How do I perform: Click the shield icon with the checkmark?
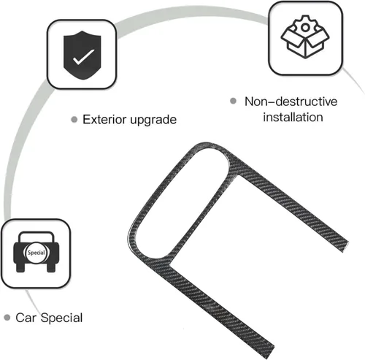[82, 55]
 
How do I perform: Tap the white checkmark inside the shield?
[83, 57]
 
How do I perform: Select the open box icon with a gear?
[305, 37]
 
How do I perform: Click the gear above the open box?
[305, 26]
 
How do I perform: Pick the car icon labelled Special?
[36, 252]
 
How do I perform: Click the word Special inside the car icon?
[36, 253]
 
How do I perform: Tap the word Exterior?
[105, 119]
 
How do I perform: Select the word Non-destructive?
[291, 102]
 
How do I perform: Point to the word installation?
[293, 117]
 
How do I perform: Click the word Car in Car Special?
[26, 318]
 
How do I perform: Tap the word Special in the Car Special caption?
[61, 318]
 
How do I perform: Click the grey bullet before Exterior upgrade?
[74, 120]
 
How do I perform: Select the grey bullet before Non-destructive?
[233, 101]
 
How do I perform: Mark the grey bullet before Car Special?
[7, 318]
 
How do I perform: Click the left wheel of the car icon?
[20, 267]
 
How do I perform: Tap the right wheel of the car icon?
[51, 267]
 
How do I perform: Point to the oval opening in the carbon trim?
[181, 203]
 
